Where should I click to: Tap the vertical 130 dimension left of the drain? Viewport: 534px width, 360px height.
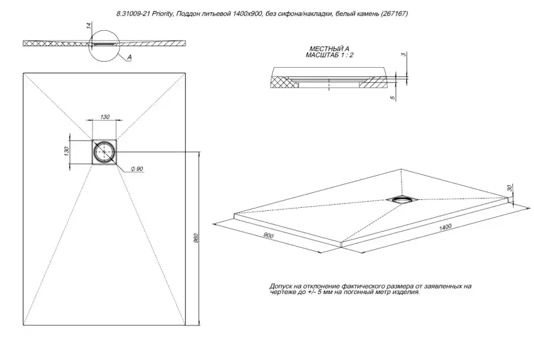pyautogui.click(x=67, y=152)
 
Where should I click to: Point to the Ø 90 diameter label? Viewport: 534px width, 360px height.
pyautogui.click(x=136, y=169)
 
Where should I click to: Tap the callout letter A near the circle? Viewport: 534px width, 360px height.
pyautogui.click(x=130, y=57)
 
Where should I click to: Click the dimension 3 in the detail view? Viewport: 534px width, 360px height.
pyautogui.click(x=402, y=55)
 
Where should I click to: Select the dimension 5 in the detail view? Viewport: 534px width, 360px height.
pyautogui.click(x=391, y=97)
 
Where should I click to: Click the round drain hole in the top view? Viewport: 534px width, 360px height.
pyautogui.click(x=104, y=152)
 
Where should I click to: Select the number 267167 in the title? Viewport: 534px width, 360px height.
pyautogui.click(x=393, y=13)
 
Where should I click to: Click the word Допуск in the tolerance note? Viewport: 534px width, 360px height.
pyautogui.click(x=282, y=287)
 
